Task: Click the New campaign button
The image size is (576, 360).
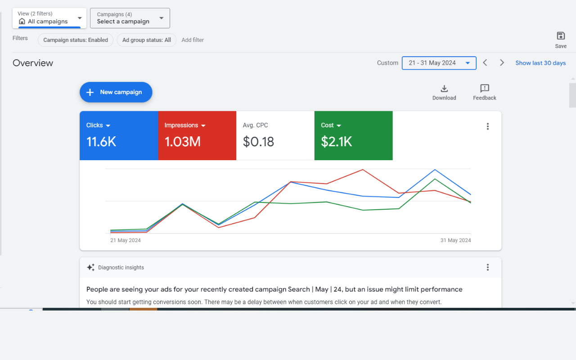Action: click(116, 92)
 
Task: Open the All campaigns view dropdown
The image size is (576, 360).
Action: click(49, 18)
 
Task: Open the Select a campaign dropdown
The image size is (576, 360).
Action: click(130, 18)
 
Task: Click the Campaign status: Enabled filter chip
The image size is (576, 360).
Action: click(76, 40)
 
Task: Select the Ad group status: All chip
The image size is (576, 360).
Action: click(146, 40)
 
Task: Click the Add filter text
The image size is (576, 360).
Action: click(193, 40)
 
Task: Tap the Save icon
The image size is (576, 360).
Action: click(561, 36)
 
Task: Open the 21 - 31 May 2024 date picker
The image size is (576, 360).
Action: click(439, 63)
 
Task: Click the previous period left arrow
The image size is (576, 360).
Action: click(485, 63)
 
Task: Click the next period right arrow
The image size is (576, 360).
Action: click(502, 63)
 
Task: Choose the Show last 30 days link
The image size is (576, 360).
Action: click(540, 63)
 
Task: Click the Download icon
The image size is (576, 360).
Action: click(444, 89)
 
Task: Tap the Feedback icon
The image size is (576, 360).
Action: click(485, 89)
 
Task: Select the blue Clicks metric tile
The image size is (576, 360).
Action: click(119, 135)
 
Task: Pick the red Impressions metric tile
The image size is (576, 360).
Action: click(197, 135)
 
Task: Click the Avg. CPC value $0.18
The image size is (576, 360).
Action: click(258, 142)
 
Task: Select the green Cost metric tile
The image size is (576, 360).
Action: click(353, 135)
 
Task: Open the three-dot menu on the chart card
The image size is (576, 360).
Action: click(487, 126)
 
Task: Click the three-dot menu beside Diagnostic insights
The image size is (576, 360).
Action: click(487, 267)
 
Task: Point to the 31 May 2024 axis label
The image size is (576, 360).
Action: click(455, 240)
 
